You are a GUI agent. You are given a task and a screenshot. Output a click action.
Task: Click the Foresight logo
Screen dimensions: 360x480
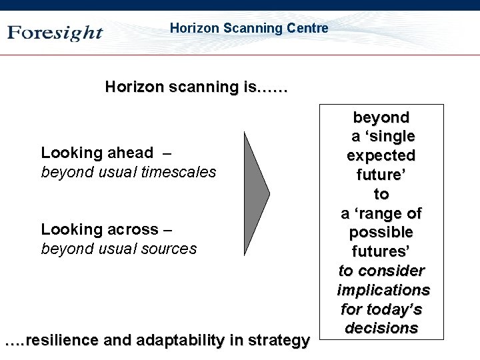point(55,33)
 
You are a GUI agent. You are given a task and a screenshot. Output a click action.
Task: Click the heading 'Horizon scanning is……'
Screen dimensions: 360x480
point(197,87)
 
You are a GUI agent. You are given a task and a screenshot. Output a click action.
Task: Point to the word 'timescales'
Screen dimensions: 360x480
point(183,172)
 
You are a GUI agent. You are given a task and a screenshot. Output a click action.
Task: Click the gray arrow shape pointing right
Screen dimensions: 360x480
point(256,193)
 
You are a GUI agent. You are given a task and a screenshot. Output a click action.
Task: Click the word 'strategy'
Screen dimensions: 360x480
point(279,341)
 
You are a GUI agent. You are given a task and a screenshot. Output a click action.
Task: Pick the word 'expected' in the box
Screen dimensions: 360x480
point(381,156)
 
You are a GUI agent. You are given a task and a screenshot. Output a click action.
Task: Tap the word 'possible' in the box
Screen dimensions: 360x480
point(381,233)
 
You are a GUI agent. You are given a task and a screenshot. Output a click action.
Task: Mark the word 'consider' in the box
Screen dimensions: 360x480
point(391,271)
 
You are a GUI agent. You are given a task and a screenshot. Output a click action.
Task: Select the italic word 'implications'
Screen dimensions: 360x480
point(383,291)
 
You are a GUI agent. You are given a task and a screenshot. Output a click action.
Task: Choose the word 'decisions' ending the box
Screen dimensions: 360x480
point(381,329)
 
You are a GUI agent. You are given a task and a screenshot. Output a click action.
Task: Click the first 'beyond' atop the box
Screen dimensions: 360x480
point(381,117)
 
